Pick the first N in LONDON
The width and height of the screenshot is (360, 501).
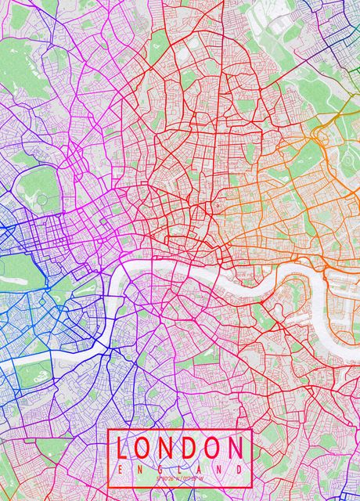[168, 448]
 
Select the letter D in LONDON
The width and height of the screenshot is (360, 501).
[190, 448]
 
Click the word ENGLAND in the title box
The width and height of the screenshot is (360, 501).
[179, 467]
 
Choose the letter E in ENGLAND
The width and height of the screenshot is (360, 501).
[121, 467]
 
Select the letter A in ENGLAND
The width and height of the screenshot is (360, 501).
[199, 467]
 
